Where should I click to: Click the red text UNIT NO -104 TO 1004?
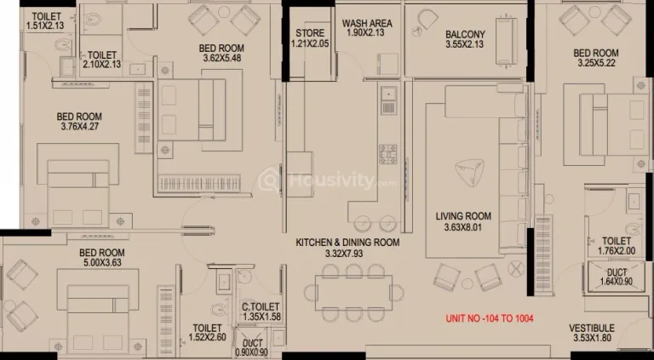pos(490,319)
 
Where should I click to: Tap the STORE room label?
pos(310,33)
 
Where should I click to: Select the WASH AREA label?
pos(367,23)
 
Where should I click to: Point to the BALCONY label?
pos(465,34)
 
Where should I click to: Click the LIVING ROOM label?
pos(463,216)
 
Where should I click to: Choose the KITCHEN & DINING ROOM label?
pos(347,242)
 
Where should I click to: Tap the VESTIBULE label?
pos(592,329)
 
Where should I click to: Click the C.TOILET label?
pos(261,307)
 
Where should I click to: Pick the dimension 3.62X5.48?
pos(222,59)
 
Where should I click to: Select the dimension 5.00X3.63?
pos(102,263)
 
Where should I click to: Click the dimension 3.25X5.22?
pos(596,63)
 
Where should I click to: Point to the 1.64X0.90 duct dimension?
pos(616,282)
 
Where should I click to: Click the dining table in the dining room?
pos(353,293)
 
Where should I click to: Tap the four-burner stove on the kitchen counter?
pos(388,154)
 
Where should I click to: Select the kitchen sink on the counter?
pos(388,100)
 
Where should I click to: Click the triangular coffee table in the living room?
pos(469,173)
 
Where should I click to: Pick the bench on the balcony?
pos(506,41)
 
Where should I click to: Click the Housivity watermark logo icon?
pos(269,181)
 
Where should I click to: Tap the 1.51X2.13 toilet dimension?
pos(45,26)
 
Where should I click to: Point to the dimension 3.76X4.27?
pos(79,126)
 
